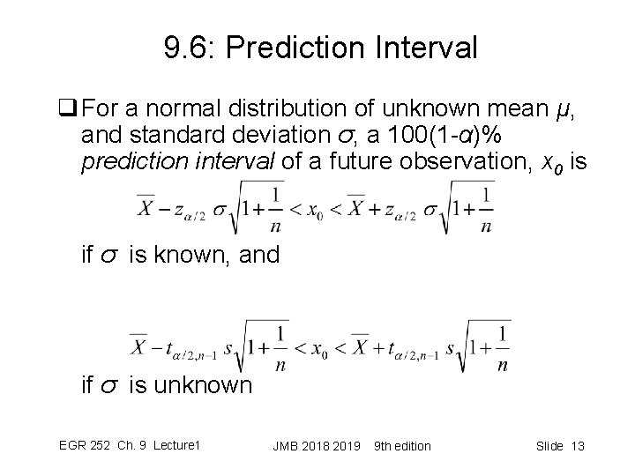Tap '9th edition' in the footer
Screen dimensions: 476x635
(403, 446)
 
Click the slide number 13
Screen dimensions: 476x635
(578, 446)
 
